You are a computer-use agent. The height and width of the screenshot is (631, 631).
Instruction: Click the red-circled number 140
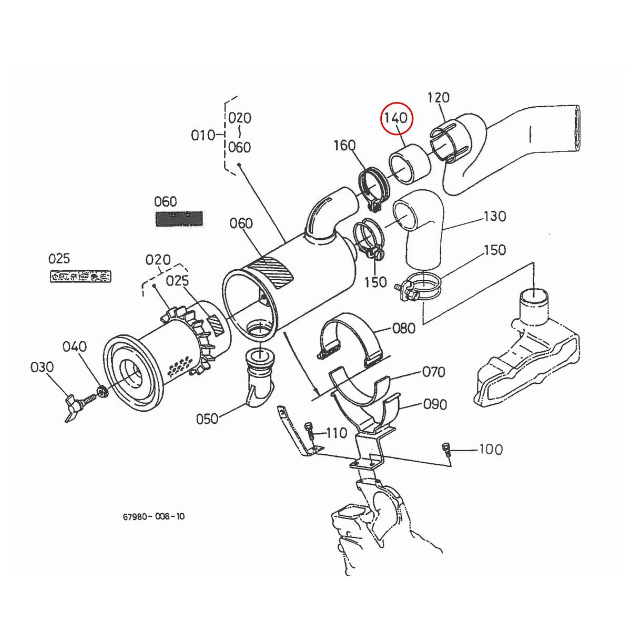pos(397,118)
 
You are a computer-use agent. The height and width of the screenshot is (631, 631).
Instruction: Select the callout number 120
pos(438,98)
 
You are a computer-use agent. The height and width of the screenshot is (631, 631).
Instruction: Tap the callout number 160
pos(344,145)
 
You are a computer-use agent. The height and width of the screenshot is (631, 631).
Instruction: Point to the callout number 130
pos(494,216)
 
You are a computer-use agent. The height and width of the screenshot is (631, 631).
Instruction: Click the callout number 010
pos(203,135)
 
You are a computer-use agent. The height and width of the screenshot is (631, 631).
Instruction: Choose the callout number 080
pos(404,329)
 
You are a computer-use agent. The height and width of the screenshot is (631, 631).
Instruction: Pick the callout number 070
pos(434,372)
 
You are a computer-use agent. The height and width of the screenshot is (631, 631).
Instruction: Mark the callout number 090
pos(435,404)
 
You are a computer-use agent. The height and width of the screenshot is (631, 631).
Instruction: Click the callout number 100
pos(490,450)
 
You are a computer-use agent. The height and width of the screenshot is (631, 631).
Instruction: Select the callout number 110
pos(337,433)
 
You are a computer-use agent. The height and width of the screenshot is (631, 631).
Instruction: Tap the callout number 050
pos(207,419)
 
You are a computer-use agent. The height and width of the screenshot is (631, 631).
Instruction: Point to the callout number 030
pos(42,367)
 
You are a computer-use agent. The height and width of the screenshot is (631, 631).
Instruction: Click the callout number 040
pos(75,347)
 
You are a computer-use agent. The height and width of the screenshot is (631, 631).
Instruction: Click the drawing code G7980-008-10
pos(154,516)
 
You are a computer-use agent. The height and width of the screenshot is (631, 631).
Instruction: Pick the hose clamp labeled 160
pos(374,187)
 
